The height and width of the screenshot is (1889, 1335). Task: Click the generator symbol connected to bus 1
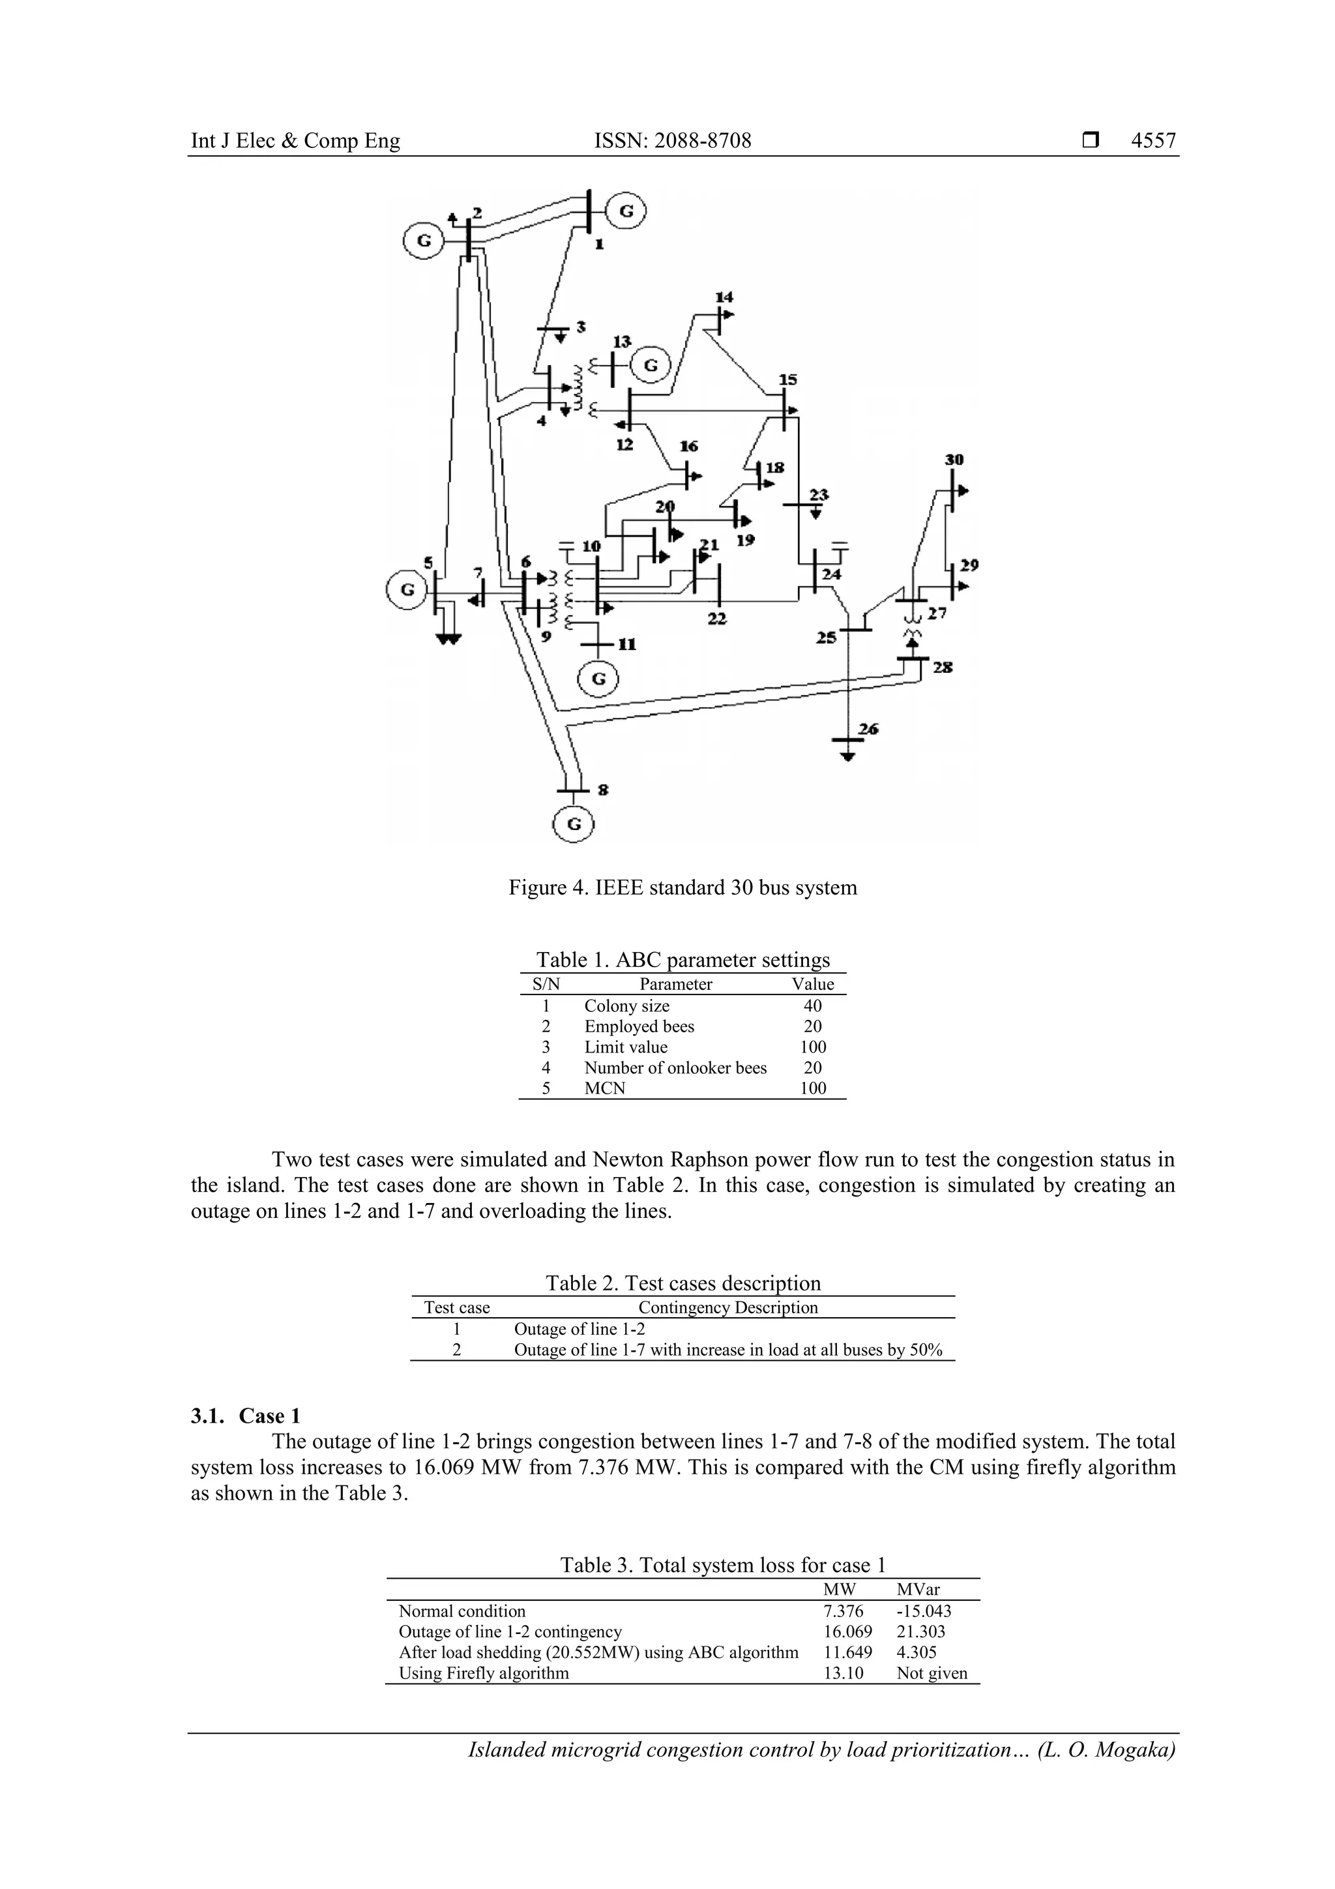pyautogui.click(x=626, y=211)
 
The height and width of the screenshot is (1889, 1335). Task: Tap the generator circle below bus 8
pyautogui.click(x=574, y=824)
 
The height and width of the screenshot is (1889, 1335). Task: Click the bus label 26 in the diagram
pyautogui.click(x=869, y=729)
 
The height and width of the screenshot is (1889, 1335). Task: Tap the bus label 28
pyautogui.click(x=943, y=667)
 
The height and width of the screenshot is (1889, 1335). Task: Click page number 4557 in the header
pyautogui.click(x=1153, y=141)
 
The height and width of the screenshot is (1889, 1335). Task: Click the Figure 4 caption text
pyautogui.click(x=682, y=887)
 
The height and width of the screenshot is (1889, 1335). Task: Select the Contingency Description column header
pyautogui.click(x=728, y=1307)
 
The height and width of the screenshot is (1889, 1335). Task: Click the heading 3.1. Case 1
pyautogui.click(x=246, y=1416)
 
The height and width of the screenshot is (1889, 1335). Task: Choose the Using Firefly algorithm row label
pyautogui.click(x=484, y=1673)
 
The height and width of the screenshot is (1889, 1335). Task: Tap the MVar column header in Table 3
pyautogui.click(x=918, y=1590)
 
